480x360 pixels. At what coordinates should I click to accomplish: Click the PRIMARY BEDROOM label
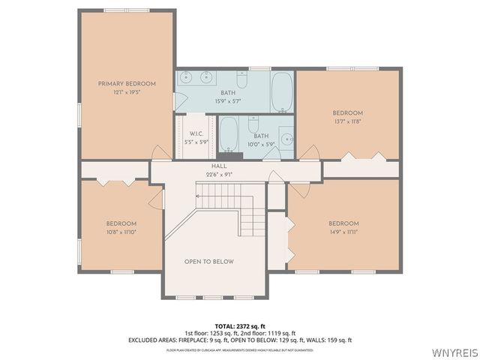(x=126, y=83)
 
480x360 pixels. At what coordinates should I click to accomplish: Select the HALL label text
(x=219, y=166)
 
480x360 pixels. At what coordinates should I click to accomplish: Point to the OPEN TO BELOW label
(x=209, y=262)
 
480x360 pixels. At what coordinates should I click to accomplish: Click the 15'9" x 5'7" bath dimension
(x=227, y=100)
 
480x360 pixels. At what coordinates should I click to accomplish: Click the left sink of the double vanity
(x=187, y=76)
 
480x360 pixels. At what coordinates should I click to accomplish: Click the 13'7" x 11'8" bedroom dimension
(x=347, y=121)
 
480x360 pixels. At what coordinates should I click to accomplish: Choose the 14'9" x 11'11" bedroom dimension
(x=343, y=232)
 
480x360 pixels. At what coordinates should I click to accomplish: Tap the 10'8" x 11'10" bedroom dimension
(x=121, y=232)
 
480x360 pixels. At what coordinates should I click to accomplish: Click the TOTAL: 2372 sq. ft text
(x=240, y=326)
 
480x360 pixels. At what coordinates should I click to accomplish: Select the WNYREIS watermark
(x=454, y=352)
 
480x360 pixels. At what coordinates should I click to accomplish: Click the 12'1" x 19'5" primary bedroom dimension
(x=126, y=91)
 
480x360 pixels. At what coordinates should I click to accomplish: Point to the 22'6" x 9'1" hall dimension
(x=219, y=174)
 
